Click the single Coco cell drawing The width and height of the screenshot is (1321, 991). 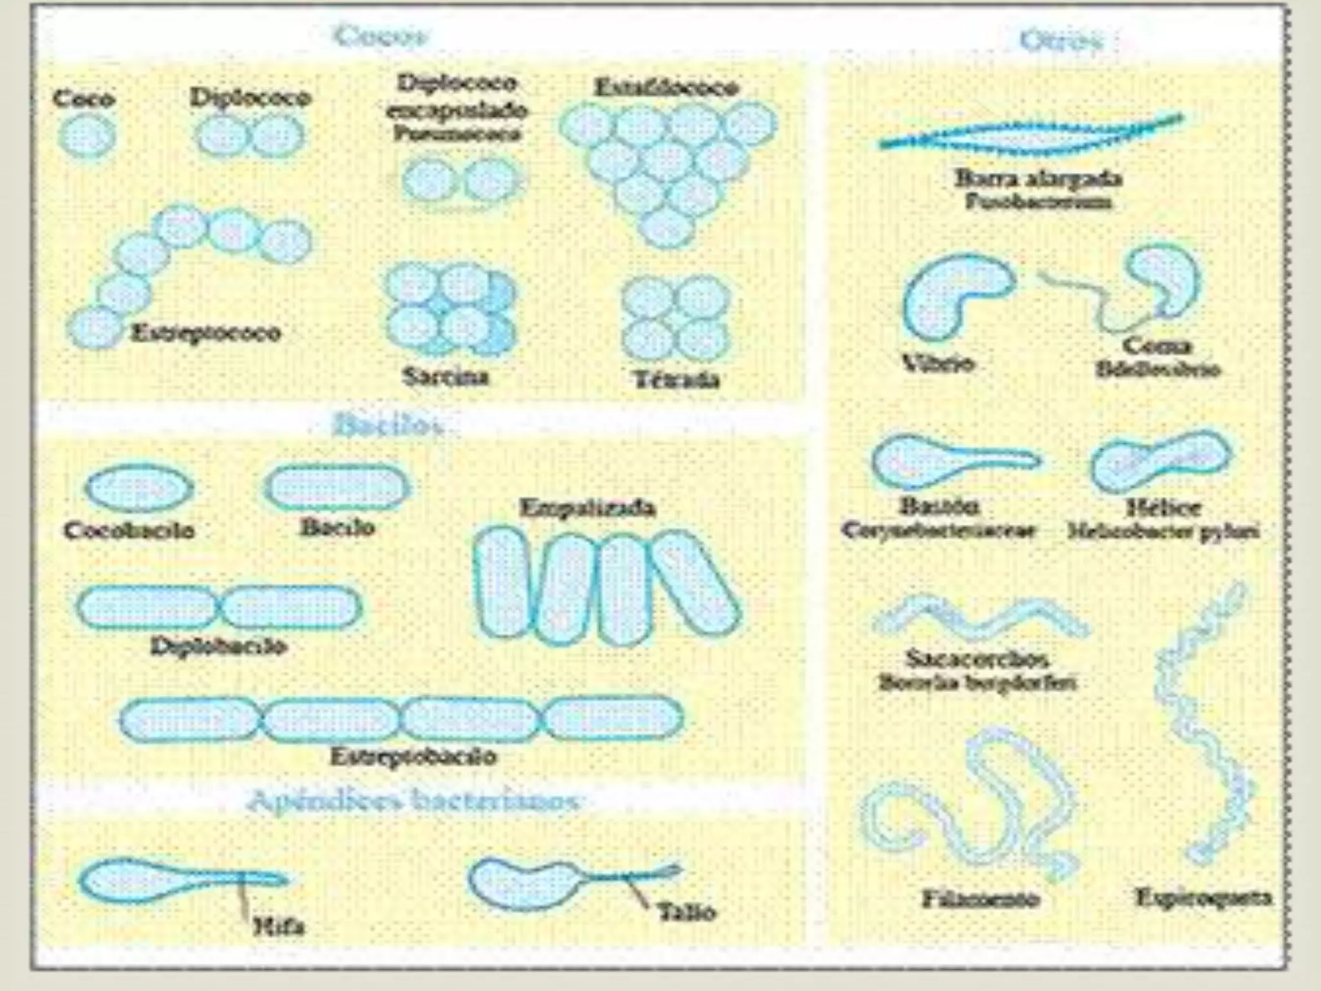tap(87, 137)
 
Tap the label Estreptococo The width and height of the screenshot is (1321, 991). tap(206, 333)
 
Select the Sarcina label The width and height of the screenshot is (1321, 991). tap(445, 376)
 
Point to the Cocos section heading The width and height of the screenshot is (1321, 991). tap(381, 36)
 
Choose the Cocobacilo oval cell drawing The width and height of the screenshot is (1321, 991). tap(139, 488)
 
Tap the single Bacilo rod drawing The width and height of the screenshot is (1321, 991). tap(337, 486)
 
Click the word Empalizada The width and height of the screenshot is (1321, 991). tap(587, 508)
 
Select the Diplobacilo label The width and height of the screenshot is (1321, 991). tap(219, 646)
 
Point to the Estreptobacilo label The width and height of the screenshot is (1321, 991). tap(413, 756)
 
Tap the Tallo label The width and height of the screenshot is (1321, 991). tap(686, 912)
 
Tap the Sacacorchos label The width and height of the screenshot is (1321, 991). tap(977, 659)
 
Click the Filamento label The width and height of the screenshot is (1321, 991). tap(980, 898)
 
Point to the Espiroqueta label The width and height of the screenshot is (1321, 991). tap(1203, 897)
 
